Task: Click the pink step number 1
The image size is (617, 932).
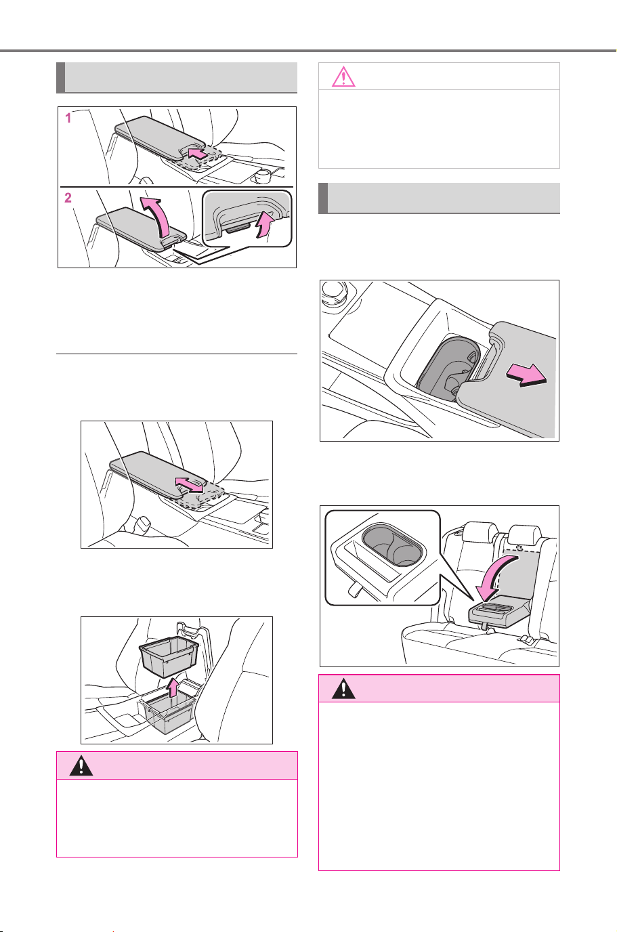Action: click(x=68, y=119)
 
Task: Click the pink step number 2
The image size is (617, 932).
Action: click(x=68, y=198)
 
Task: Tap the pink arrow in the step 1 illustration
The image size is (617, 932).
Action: click(x=197, y=152)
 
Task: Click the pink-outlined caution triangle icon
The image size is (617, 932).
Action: click(x=343, y=77)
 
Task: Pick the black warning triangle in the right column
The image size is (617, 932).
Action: click(x=343, y=689)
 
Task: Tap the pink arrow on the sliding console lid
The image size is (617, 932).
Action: click(x=526, y=375)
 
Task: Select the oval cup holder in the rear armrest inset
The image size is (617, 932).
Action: click(x=392, y=545)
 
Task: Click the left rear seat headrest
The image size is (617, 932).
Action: click(x=480, y=532)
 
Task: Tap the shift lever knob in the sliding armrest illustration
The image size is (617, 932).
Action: click(x=143, y=524)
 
